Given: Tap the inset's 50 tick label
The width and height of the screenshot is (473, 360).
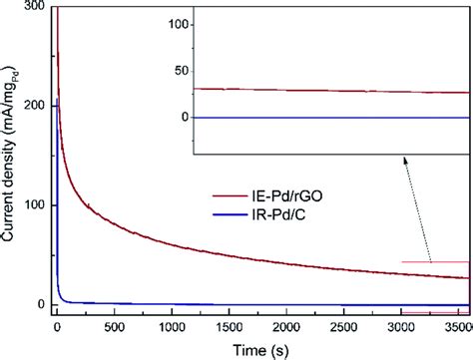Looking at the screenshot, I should click(x=180, y=71).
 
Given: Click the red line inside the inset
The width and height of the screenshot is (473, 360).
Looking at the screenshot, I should click(x=329, y=91).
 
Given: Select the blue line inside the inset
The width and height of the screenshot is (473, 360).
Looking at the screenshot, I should click(x=329, y=118).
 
